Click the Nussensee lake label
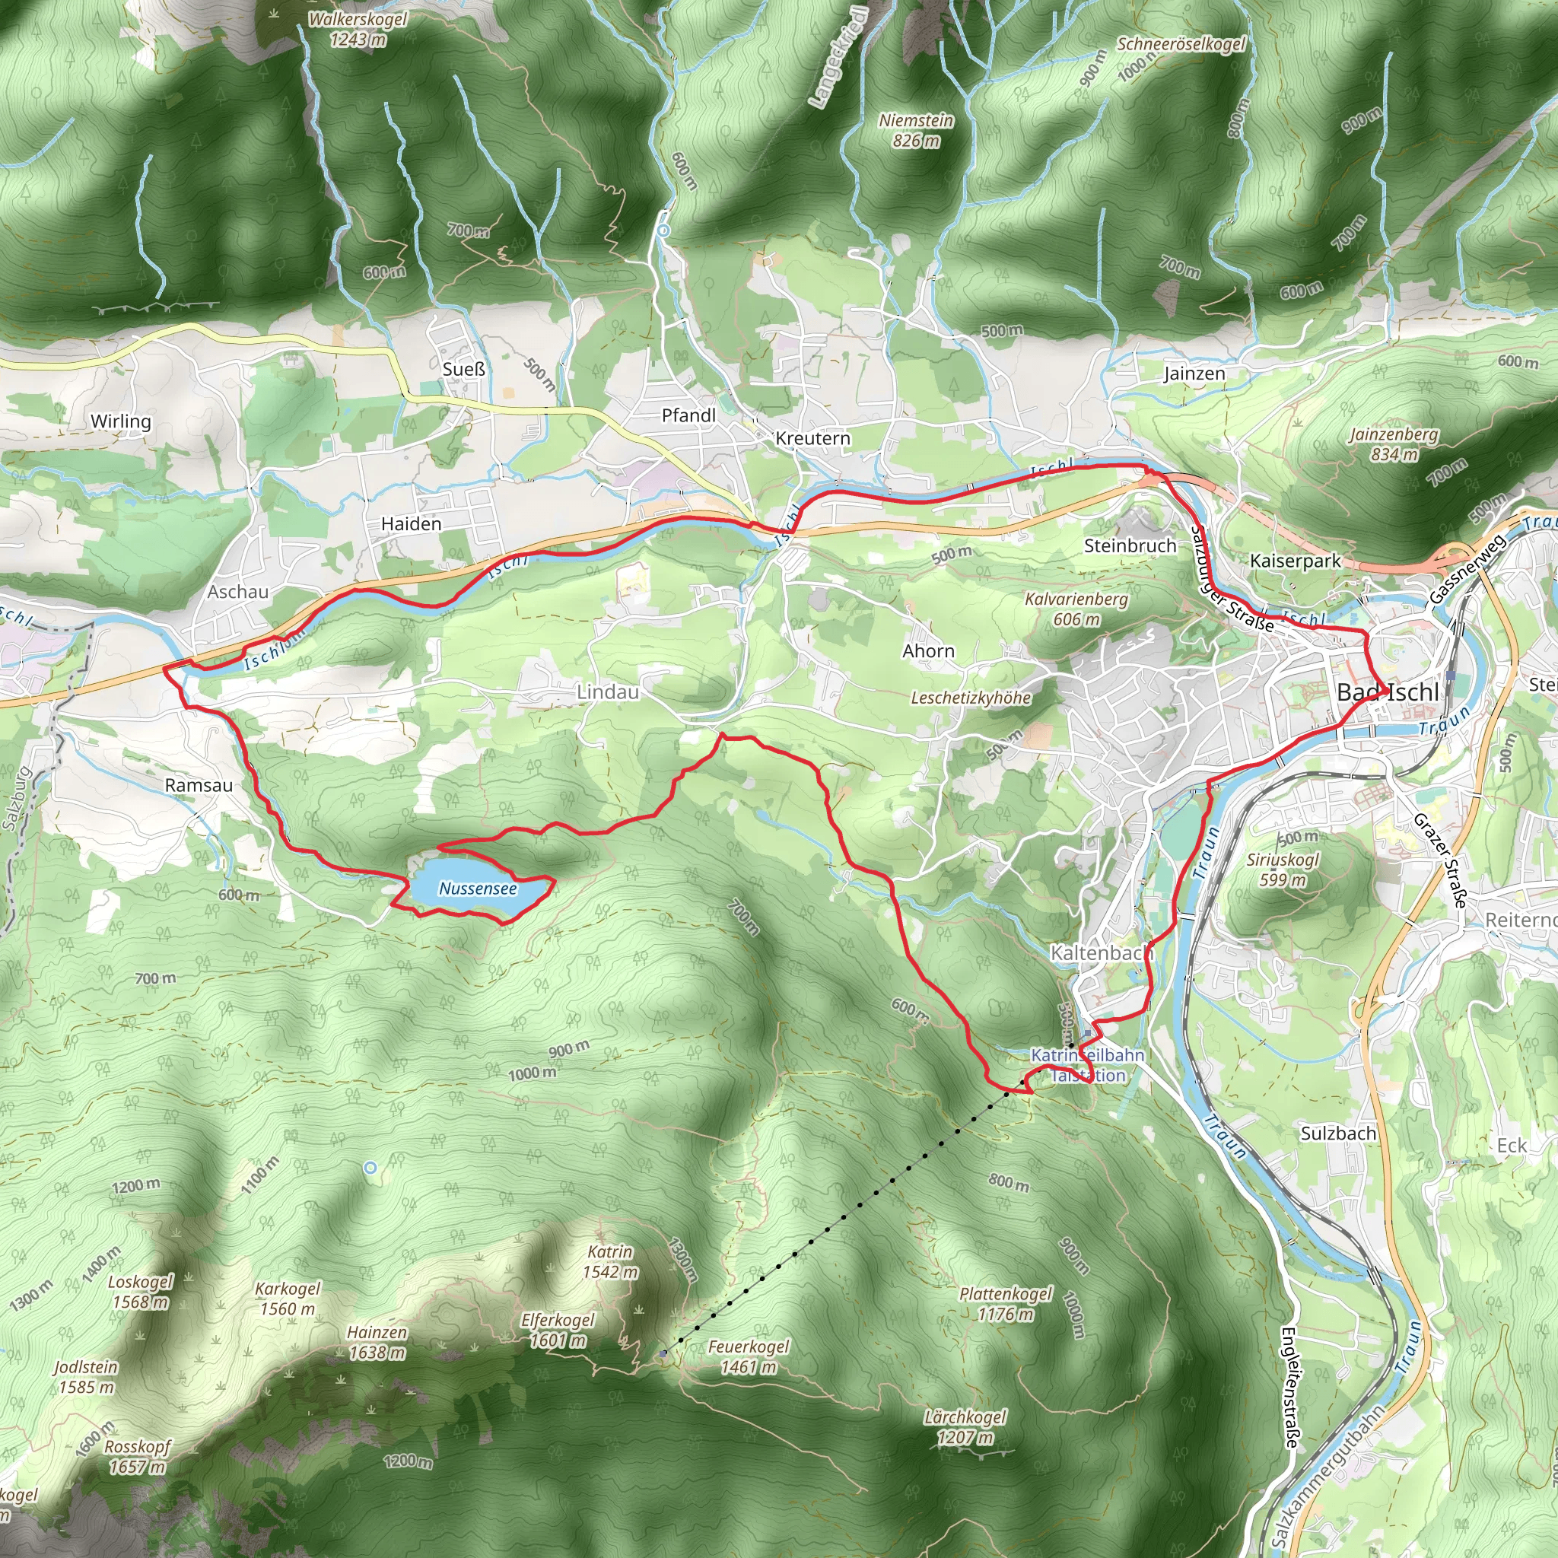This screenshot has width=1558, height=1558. (478, 889)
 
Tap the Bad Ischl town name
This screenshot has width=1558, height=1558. (1387, 692)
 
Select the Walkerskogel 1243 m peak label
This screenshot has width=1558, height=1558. (358, 29)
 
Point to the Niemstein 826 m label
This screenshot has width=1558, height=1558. (916, 131)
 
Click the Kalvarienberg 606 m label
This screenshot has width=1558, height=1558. (1076, 609)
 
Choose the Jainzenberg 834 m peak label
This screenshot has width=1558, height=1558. (1394, 444)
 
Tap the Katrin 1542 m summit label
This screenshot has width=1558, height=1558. (610, 1262)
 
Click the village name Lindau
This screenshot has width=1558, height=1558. (607, 692)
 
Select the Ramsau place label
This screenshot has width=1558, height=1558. (199, 785)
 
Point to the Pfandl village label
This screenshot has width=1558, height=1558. (688, 415)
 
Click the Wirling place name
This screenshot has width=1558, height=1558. (121, 421)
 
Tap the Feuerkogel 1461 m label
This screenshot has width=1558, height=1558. (749, 1356)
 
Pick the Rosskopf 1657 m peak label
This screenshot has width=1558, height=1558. (137, 1456)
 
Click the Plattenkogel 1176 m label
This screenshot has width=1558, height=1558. (1006, 1304)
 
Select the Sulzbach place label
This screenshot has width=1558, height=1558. (1338, 1134)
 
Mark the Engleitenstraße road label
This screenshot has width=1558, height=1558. (1289, 1388)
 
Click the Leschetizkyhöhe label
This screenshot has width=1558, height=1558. (971, 698)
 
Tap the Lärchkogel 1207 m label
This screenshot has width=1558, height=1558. (965, 1427)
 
